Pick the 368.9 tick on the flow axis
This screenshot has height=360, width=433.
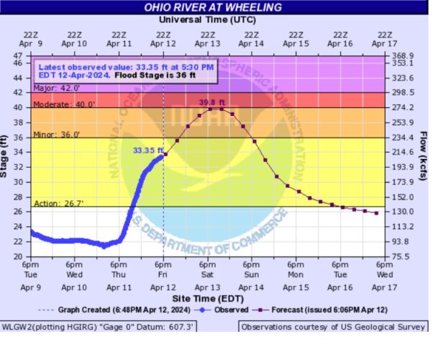pyautogui.click(x=404, y=55)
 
